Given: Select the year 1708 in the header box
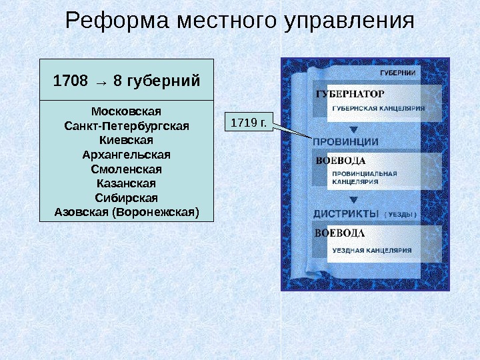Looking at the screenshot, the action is (x=70, y=81).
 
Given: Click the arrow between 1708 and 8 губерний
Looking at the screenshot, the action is (x=101, y=82).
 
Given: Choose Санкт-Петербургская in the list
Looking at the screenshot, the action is (x=126, y=125).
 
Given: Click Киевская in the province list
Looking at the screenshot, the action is (x=126, y=140).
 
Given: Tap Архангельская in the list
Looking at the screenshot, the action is (x=126, y=155).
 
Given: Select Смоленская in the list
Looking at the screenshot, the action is (x=126, y=169).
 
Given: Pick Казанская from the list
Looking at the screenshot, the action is (x=126, y=183).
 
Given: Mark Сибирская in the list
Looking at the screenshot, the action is (x=126, y=198).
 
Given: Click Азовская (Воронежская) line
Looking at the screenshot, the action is (x=126, y=213).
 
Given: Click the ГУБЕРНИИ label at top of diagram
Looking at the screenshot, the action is (x=398, y=72).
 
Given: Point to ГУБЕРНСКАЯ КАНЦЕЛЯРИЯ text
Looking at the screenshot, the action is (x=379, y=108).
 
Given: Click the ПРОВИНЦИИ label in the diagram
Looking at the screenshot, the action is (x=346, y=141).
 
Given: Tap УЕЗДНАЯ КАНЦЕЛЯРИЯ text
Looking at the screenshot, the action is (x=372, y=251).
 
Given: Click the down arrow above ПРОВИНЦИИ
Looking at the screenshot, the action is (x=354, y=129).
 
